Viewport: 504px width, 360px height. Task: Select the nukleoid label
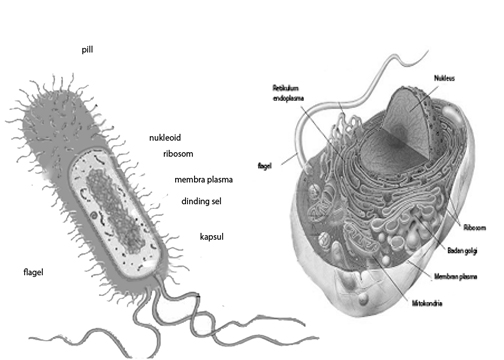[x=166, y=138]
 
